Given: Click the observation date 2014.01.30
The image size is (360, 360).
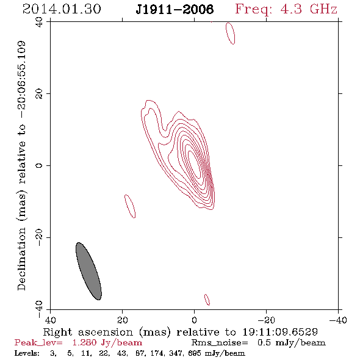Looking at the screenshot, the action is [x=62, y=9].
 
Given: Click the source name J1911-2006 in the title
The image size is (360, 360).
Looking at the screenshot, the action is [x=175, y=10].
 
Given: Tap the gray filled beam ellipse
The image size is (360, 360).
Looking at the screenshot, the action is [x=88, y=271].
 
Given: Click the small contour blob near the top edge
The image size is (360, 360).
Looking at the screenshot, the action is [x=230, y=34].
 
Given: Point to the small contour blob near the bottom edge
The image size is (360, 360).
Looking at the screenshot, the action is [x=207, y=300].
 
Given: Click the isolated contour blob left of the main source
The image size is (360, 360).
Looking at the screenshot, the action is [x=130, y=206].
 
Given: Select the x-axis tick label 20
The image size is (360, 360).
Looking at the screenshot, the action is [x=123, y=320].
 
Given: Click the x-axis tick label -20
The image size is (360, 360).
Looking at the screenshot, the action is [x=266, y=320].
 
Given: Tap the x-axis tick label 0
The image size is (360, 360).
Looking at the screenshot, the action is [x=194, y=320].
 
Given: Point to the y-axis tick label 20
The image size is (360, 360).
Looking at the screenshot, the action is [x=39, y=94].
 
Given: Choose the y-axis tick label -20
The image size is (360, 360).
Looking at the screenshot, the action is [x=39, y=237].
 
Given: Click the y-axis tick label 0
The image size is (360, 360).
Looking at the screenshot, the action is [x=39, y=165].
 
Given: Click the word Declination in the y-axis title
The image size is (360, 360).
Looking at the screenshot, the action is [x=21, y=259].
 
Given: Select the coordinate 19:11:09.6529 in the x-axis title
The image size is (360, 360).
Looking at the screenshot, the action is [x=280, y=332].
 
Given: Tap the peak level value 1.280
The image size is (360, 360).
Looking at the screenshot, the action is [x=84, y=342].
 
